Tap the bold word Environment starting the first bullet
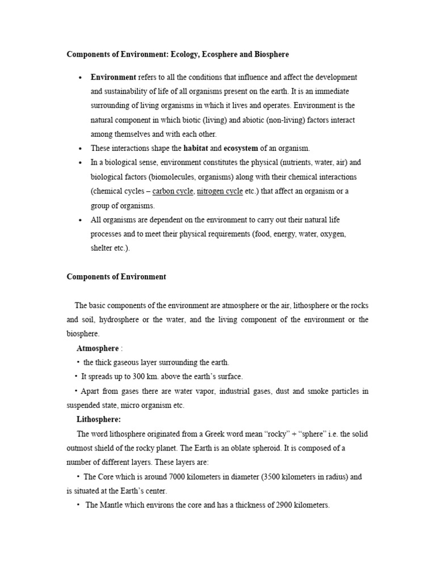click(114, 77)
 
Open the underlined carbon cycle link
click(173, 191)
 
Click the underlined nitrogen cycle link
click(220, 191)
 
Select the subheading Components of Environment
click(116, 277)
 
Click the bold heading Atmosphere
click(98, 348)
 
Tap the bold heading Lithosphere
click(99, 420)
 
